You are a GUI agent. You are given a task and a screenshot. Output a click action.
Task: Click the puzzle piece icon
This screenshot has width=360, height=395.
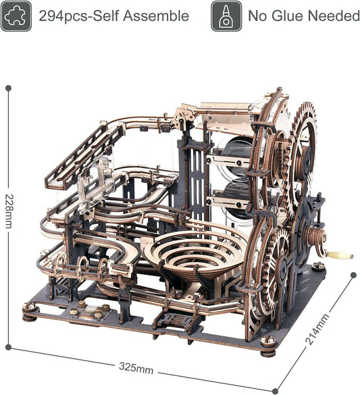point(16,16)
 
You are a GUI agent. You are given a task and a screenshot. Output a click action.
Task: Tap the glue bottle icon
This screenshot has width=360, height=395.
point(226,16)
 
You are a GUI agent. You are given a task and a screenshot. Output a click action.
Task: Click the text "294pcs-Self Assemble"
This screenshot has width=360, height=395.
point(113,16)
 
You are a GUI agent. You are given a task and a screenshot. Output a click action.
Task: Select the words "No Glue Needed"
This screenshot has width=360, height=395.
point(303,16)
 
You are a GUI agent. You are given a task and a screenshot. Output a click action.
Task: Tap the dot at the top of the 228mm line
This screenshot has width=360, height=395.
point(8,87)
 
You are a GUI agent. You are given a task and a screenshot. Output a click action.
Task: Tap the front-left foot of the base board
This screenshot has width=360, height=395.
point(30,313)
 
